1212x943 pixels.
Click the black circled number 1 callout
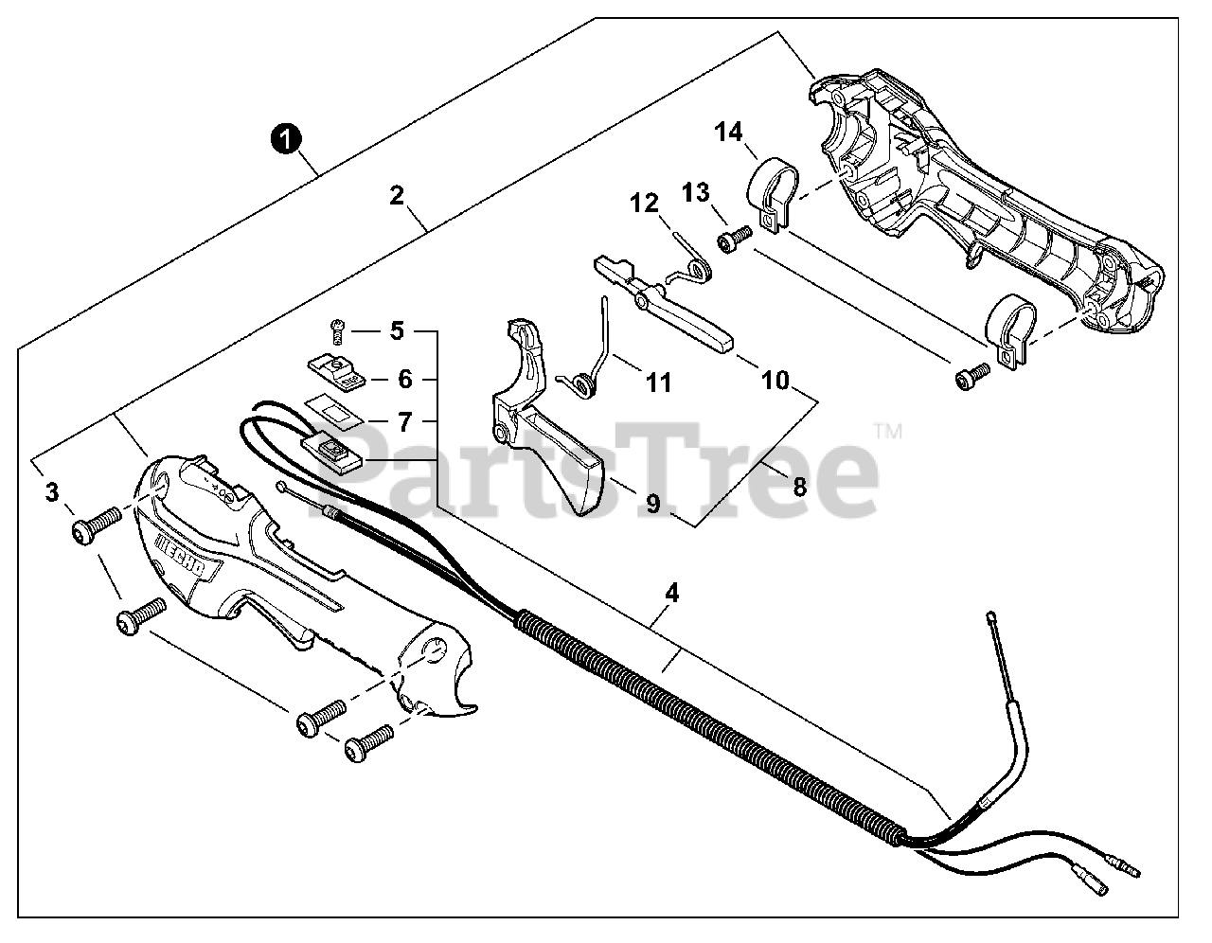click(x=286, y=138)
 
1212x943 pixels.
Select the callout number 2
click(x=397, y=196)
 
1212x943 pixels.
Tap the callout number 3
click(x=52, y=492)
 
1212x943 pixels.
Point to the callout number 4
click(x=671, y=594)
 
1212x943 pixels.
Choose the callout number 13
click(x=695, y=192)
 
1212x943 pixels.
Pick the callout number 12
click(x=644, y=203)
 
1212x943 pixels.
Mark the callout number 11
click(x=658, y=383)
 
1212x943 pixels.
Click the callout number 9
click(x=653, y=504)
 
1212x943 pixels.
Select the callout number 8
click(x=800, y=487)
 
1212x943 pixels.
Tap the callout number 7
click(x=404, y=418)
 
